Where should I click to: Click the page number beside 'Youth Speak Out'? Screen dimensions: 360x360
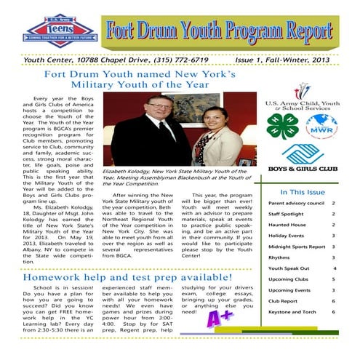coord(334,268)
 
